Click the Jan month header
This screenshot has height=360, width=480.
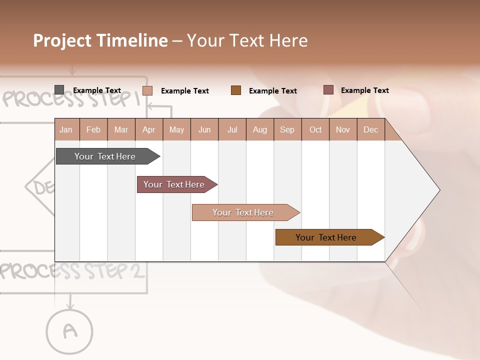66,130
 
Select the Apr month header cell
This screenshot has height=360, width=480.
149,130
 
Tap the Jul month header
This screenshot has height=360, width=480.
232,130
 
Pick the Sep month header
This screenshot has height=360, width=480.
287,130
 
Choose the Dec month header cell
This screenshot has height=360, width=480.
370,130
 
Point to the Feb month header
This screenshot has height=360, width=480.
93,130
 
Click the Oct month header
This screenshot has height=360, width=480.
315,130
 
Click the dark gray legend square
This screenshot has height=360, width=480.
59,90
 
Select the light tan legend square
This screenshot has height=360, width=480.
147,90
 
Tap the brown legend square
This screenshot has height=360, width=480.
236,90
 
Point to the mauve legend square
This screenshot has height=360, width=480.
328,90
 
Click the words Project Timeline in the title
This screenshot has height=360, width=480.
100,40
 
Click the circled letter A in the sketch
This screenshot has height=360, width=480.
70,330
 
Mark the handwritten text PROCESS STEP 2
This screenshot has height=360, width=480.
73,271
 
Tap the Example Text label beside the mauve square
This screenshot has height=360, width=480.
364,90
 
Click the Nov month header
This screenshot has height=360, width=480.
343,130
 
